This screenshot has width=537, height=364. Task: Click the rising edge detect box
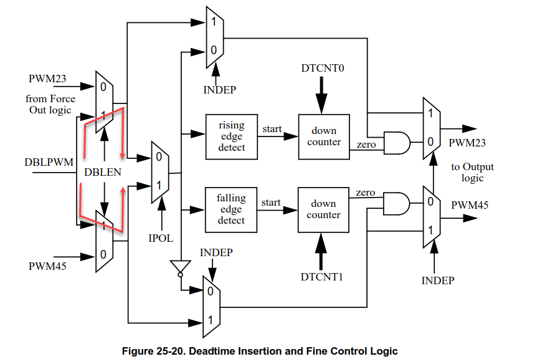(232, 136)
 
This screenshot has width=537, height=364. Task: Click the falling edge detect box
(231, 209)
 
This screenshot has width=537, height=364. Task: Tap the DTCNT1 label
(323, 277)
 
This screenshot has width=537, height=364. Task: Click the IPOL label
(161, 238)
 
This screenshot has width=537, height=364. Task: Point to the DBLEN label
(103, 172)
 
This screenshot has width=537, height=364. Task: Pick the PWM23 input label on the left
(47, 79)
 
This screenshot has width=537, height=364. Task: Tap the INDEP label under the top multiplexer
(219, 89)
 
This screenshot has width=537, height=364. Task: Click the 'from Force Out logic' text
(50, 104)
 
